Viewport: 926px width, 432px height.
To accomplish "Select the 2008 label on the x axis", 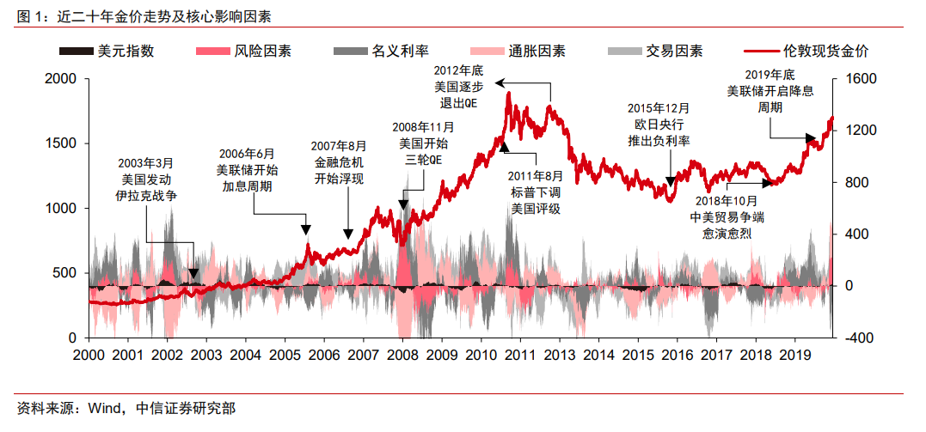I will tap(402, 354).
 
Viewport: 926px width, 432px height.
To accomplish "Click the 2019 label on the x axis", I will tap(796, 354).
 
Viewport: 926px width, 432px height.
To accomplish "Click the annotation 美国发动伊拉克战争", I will tap(150, 178).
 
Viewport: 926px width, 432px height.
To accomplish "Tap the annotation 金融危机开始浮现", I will tap(340, 162).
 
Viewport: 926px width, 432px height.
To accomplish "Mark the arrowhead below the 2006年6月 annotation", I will tap(306, 229).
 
